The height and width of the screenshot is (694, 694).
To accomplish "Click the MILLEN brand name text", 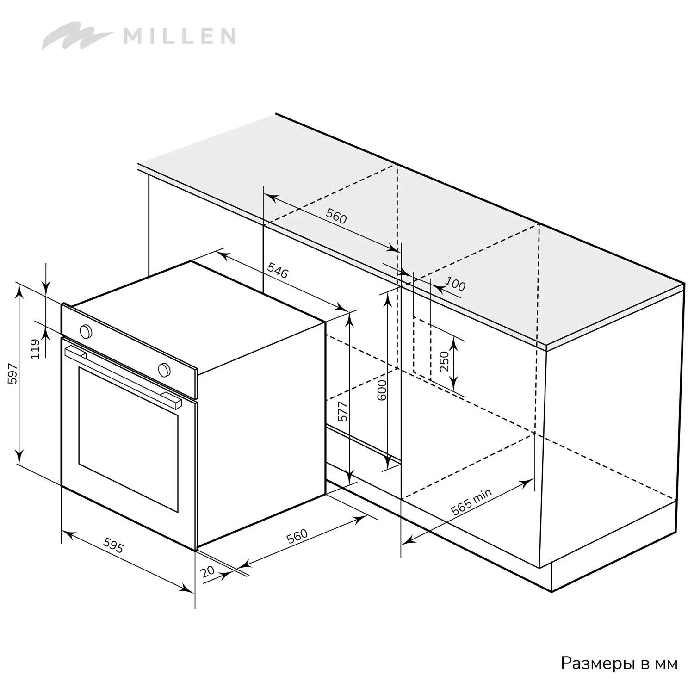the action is (180, 36).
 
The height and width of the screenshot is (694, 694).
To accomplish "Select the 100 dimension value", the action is (455, 284).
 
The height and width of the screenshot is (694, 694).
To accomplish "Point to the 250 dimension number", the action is (444, 362).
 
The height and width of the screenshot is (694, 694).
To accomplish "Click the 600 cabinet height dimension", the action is (382, 390).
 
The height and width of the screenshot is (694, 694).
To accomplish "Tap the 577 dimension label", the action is (342, 411).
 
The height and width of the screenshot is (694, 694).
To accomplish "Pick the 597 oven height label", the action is (12, 374).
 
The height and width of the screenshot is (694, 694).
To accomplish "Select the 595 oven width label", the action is (113, 545).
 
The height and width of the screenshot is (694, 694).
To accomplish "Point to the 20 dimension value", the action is (208, 571).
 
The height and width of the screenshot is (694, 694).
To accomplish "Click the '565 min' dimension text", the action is (471, 502).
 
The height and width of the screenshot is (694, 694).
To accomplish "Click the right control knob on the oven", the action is (164, 369).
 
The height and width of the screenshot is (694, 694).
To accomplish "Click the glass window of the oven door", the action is (128, 440).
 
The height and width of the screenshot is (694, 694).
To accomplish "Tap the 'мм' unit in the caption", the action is (667, 664).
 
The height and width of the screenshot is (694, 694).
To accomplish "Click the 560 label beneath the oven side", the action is (297, 536).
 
